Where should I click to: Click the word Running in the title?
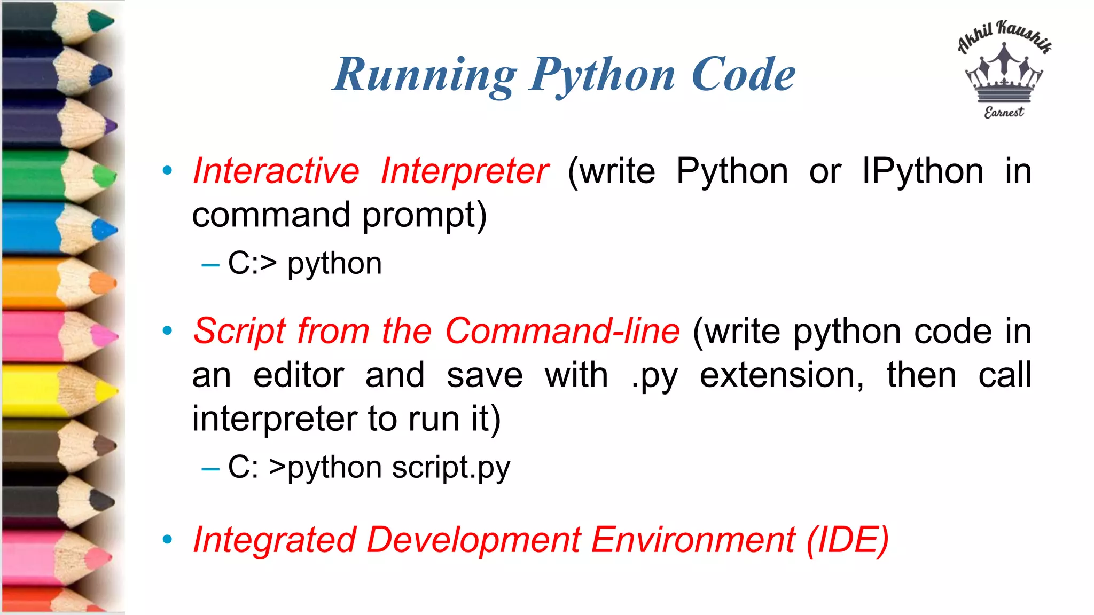(425, 75)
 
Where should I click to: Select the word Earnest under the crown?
(1004, 112)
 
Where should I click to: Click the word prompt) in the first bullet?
(425, 215)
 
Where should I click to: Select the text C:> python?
(304, 263)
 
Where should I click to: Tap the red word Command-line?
(562, 331)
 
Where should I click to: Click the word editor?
(298, 375)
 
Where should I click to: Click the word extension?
(782, 375)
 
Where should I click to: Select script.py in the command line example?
(451, 468)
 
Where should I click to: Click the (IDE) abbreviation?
(848, 540)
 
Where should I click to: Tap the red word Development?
(473, 540)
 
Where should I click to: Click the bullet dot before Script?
(167, 331)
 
